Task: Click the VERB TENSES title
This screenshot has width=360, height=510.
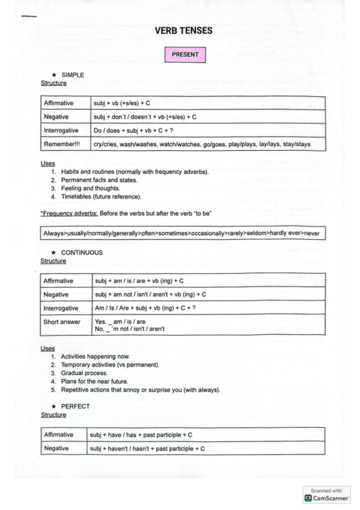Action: pos(183,31)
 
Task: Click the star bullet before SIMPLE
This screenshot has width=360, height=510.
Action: pos(54,75)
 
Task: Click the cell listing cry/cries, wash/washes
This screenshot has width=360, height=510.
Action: pos(201,144)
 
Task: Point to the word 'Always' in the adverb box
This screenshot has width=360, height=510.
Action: pos(53,233)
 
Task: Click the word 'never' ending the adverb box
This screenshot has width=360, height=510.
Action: pos(313,233)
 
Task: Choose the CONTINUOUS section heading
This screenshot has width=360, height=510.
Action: pos(82,253)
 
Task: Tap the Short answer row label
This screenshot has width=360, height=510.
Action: pos(61,322)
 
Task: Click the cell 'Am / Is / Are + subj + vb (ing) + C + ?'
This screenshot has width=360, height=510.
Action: pos(145,309)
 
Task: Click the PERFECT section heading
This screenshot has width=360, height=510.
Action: pos(75,406)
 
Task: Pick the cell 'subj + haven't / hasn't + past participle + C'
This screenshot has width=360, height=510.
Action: pos(147,449)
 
